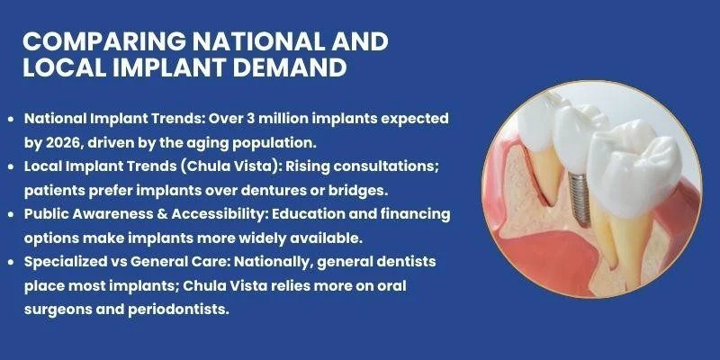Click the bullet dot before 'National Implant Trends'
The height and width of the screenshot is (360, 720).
[x=11, y=120]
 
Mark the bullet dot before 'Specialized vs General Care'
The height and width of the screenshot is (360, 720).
[x=11, y=261]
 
